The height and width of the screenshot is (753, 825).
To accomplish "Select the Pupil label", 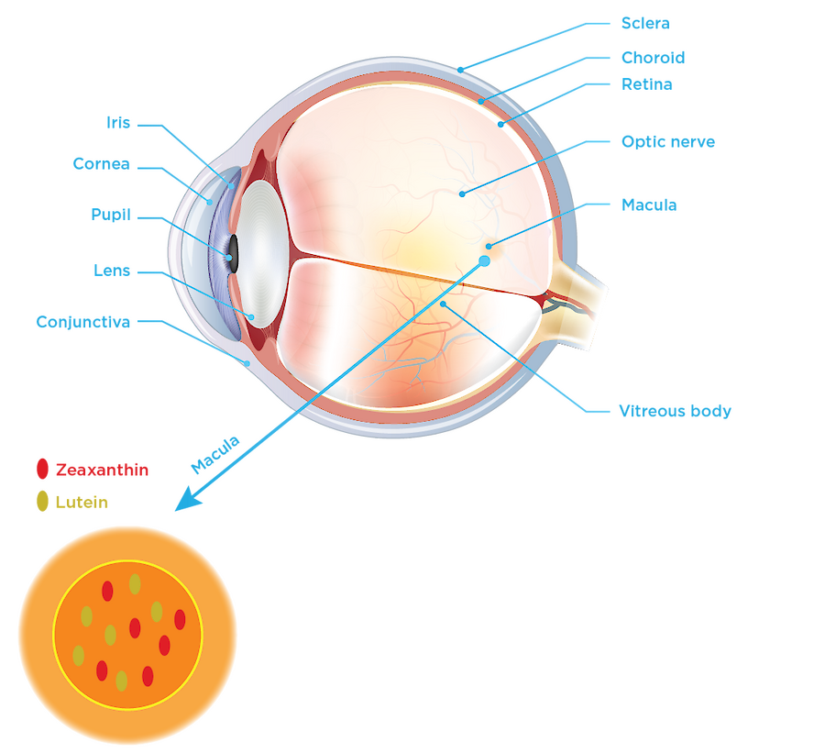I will (111, 216).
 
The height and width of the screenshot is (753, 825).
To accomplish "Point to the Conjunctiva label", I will (82, 322).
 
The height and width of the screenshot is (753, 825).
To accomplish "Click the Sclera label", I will (645, 22).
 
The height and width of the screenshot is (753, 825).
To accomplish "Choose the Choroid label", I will (652, 57).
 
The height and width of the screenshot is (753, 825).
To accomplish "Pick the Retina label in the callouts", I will (646, 84).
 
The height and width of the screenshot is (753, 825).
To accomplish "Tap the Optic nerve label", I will (666, 142).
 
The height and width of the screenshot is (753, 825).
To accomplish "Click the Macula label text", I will (648, 205).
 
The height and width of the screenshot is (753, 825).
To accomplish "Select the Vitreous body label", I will (675, 411).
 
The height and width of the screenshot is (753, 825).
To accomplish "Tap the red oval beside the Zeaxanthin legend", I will (42, 469).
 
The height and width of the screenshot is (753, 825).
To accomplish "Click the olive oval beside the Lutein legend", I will (42, 501).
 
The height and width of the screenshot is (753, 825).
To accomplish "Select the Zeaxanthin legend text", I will (101, 471).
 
